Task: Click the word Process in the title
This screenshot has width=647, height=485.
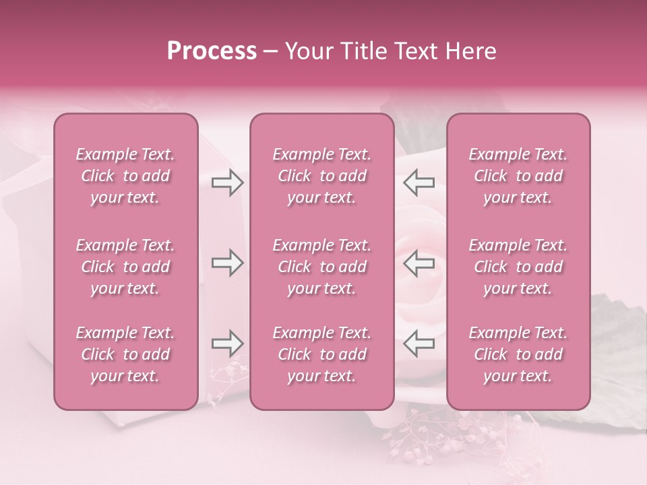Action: (x=212, y=51)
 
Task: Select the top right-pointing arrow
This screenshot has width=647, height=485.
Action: (x=228, y=182)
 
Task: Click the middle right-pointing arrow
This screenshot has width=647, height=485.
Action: (x=228, y=263)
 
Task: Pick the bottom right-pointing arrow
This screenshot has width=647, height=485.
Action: (x=228, y=344)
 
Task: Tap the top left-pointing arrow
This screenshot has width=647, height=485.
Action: (x=419, y=182)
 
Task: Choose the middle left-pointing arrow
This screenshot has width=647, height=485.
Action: (x=419, y=263)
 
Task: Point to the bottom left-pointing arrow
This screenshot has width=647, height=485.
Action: (x=419, y=344)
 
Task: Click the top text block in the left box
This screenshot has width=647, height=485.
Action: (x=125, y=176)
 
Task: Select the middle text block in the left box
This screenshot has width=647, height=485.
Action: (x=125, y=267)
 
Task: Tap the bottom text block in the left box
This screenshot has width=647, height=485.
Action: (x=125, y=354)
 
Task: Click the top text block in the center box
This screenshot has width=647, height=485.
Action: (x=322, y=176)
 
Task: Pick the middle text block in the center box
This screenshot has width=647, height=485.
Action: (x=322, y=267)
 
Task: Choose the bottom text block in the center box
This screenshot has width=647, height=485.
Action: (x=322, y=354)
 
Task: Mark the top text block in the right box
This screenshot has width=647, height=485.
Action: (x=518, y=176)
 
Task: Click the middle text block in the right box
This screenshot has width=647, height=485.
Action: (x=518, y=267)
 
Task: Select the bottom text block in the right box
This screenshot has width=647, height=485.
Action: (x=518, y=354)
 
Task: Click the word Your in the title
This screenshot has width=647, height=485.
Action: (x=307, y=51)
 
